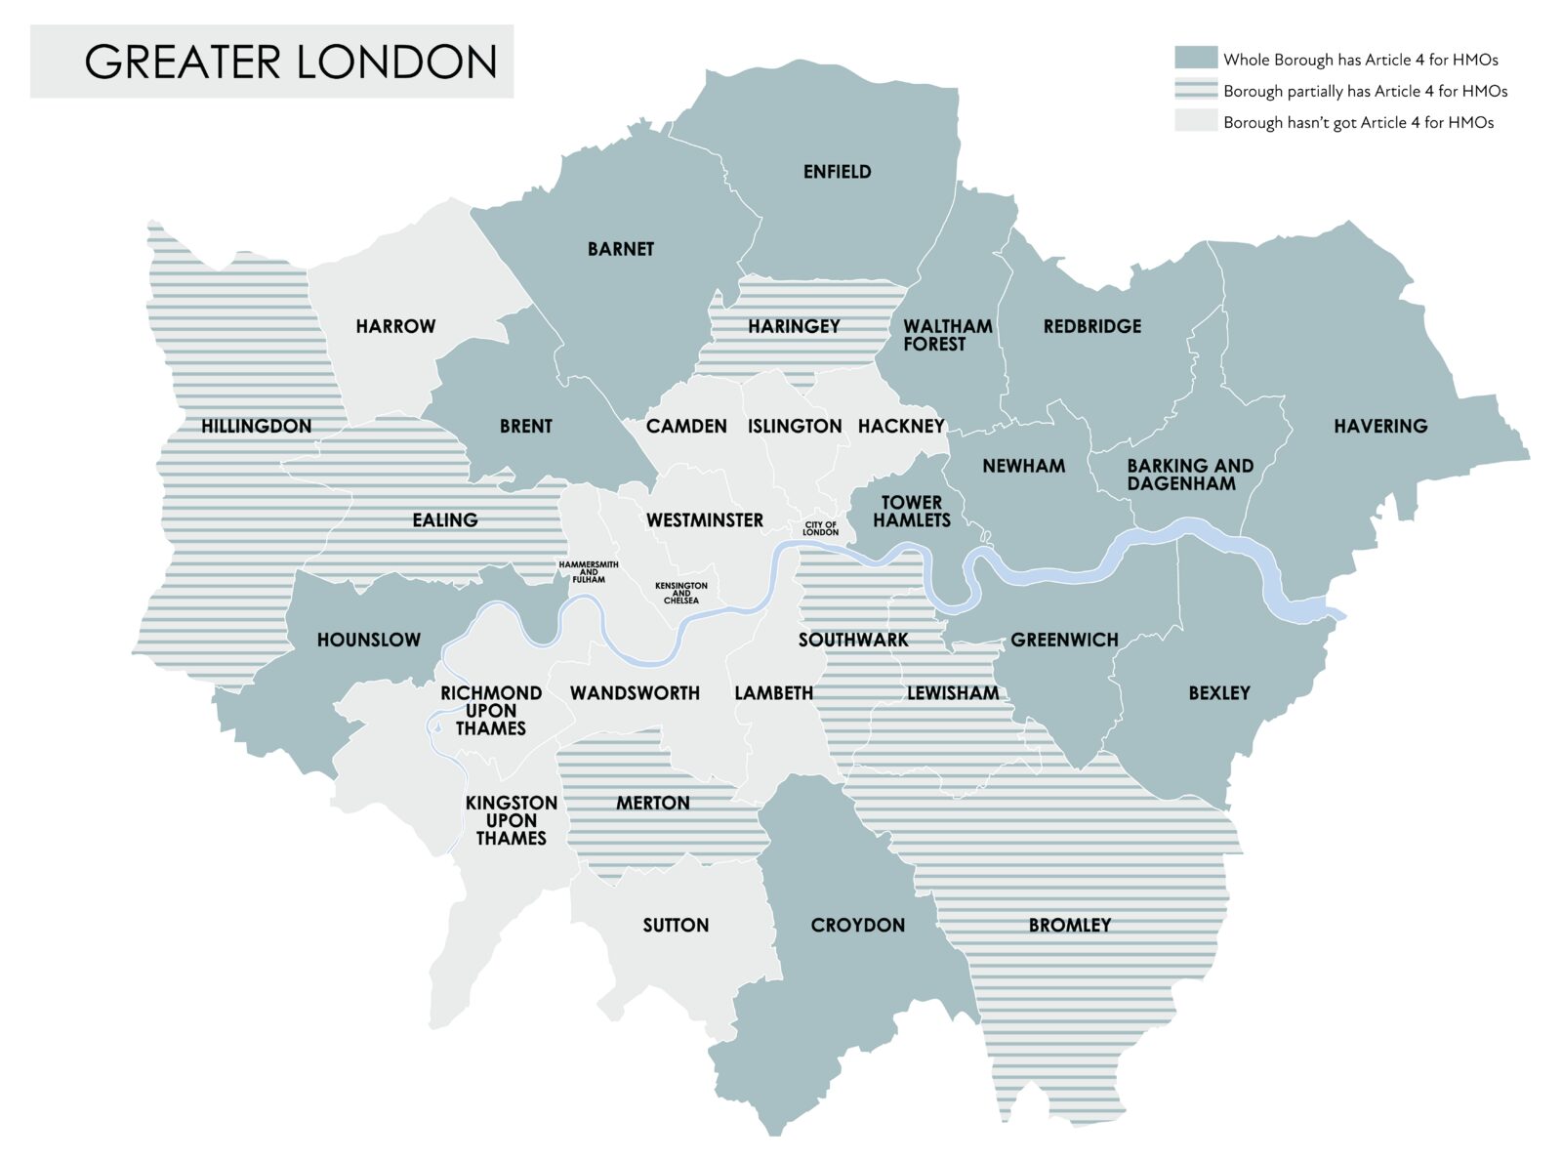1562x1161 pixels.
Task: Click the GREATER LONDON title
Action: pos(290,62)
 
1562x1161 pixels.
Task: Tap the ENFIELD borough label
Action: pos(837,172)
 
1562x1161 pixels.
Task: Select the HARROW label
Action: pos(395,326)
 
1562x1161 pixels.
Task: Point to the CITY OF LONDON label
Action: pos(820,528)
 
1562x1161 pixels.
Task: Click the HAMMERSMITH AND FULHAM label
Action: pos(589,572)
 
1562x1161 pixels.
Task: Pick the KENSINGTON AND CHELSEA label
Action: pos(681,593)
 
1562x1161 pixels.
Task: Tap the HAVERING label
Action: pos(1380,426)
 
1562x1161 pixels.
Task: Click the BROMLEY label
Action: pos(1070,925)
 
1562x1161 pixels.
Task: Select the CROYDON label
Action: pos(857,925)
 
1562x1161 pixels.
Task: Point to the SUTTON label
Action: pos(676,925)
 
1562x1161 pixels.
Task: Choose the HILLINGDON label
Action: pos(256,426)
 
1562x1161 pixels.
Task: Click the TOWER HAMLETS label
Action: pos(911,512)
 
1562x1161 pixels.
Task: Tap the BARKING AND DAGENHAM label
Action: pos(1189,475)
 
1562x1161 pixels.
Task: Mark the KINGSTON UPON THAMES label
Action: pos(511,820)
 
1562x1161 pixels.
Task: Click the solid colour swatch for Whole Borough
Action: pos(1195,59)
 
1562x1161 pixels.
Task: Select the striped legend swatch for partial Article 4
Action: pos(1195,91)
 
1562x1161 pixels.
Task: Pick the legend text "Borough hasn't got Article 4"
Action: pos(1358,122)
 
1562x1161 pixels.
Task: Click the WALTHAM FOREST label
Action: pos(946,335)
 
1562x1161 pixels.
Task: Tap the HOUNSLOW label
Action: pos(368,640)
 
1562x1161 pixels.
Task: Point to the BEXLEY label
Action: pos(1218,693)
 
